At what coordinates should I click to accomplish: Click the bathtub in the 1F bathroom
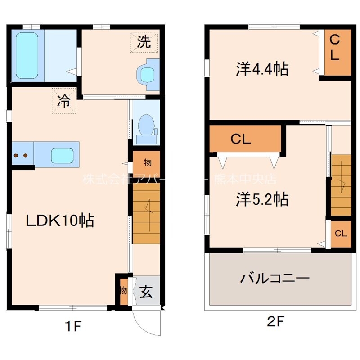(x=27, y=55)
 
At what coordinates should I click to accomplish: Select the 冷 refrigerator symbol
(x=63, y=101)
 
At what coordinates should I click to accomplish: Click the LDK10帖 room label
(x=59, y=220)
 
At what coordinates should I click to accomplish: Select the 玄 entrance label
(x=147, y=292)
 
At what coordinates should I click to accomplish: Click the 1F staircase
(x=146, y=210)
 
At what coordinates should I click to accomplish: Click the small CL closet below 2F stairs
(x=341, y=234)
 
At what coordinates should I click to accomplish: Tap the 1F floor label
(x=72, y=326)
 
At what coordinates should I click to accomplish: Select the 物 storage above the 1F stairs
(x=147, y=162)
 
